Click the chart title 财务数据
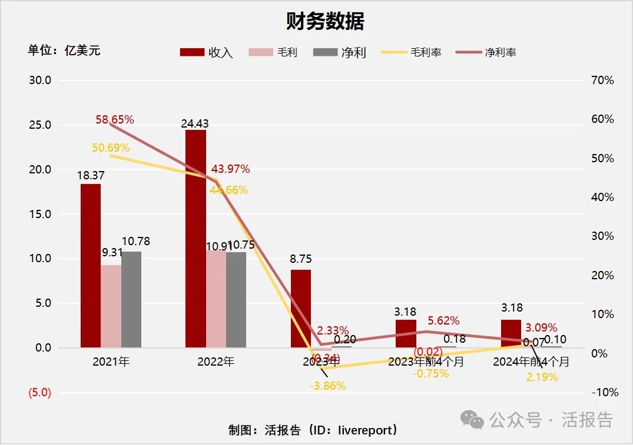(325, 22)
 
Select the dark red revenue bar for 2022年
(195, 238)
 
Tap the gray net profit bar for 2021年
(131, 299)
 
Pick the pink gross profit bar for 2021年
(111, 306)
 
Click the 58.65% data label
(115, 120)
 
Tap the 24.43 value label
(195, 123)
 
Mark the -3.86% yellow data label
(327, 386)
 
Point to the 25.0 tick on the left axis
(40, 125)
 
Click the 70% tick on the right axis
(602, 81)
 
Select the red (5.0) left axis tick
(40, 393)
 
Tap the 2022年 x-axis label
(216, 362)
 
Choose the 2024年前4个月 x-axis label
(531, 362)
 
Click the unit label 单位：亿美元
(64, 51)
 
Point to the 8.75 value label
(300, 259)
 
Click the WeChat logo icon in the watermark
(473, 419)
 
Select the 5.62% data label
(444, 321)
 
